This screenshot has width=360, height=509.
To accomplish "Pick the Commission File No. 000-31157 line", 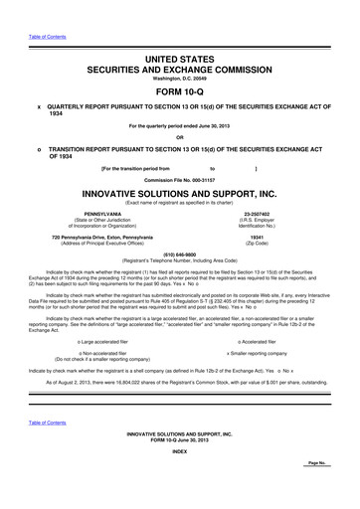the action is coord(180,179).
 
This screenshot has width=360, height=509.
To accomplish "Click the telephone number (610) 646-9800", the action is coord(180,253).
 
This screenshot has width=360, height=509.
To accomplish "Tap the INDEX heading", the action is coord(180,480).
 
